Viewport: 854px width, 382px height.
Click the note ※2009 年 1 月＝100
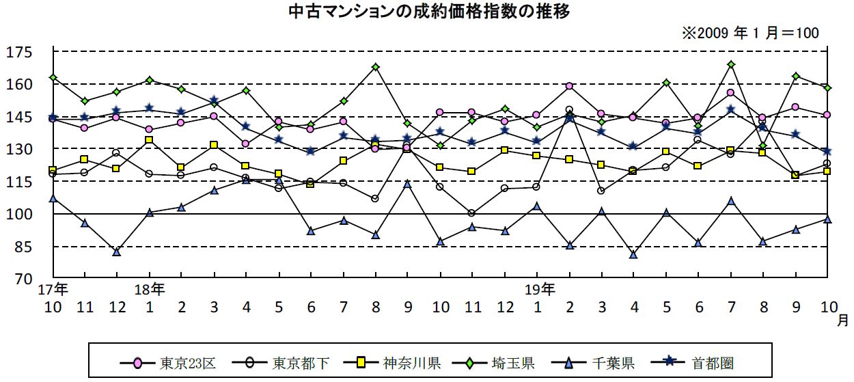click(x=749, y=33)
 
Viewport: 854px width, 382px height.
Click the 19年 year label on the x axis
click(x=540, y=288)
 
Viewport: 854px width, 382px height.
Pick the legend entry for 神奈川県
click(x=392, y=362)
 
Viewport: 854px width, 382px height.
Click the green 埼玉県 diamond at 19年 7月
click(x=731, y=64)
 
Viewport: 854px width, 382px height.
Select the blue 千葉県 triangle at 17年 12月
click(x=117, y=252)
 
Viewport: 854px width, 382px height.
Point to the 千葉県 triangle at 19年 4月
click(x=633, y=255)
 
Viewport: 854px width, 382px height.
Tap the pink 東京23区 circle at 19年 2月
click(x=569, y=86)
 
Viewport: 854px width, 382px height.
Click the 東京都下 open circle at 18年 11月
click(x=472, y=213)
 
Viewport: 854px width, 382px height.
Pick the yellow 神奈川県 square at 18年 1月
click(x=149, y=140)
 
